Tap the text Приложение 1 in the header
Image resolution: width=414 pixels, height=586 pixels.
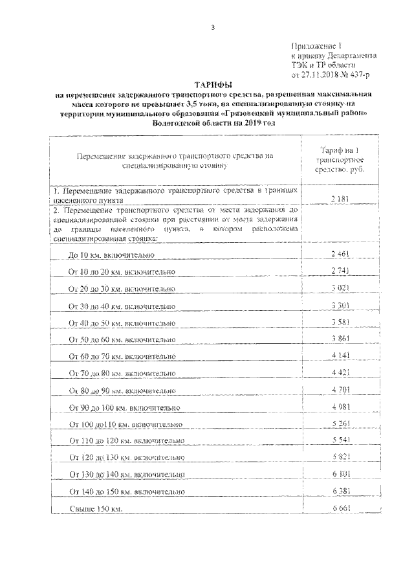317,47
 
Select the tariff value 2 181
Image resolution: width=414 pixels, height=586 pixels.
340,200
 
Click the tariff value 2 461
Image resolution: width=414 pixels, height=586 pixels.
340,251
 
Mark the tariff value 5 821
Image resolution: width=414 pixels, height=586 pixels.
340,457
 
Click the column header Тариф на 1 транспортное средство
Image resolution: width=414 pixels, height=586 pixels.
339,159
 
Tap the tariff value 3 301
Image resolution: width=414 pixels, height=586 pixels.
340,304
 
